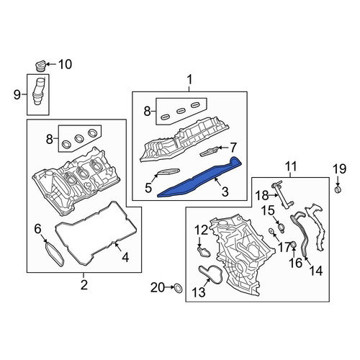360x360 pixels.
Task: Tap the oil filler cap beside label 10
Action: pos(40,66)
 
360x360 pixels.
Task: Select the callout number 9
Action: pos(17,94)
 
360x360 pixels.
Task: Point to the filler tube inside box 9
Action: pos(37,91)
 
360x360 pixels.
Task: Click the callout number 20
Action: pos(158,287)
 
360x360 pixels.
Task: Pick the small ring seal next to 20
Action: pos(178,288)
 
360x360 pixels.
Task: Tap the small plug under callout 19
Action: pos(338,190)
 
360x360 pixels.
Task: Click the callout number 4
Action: pos(125,258)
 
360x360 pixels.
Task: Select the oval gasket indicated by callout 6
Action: pos(55,254)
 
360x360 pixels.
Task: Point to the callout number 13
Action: pos(199,292)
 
